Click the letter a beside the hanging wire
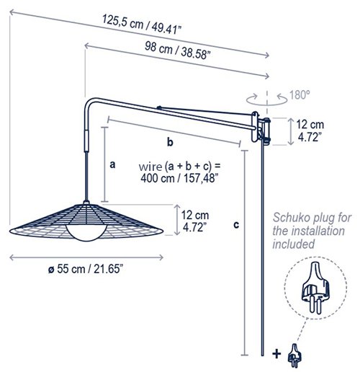coord(112,164)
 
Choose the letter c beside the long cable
coord(237,224)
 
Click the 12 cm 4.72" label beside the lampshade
coord(196,220)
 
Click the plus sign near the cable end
coord(277,353)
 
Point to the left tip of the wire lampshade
coord(13,232)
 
